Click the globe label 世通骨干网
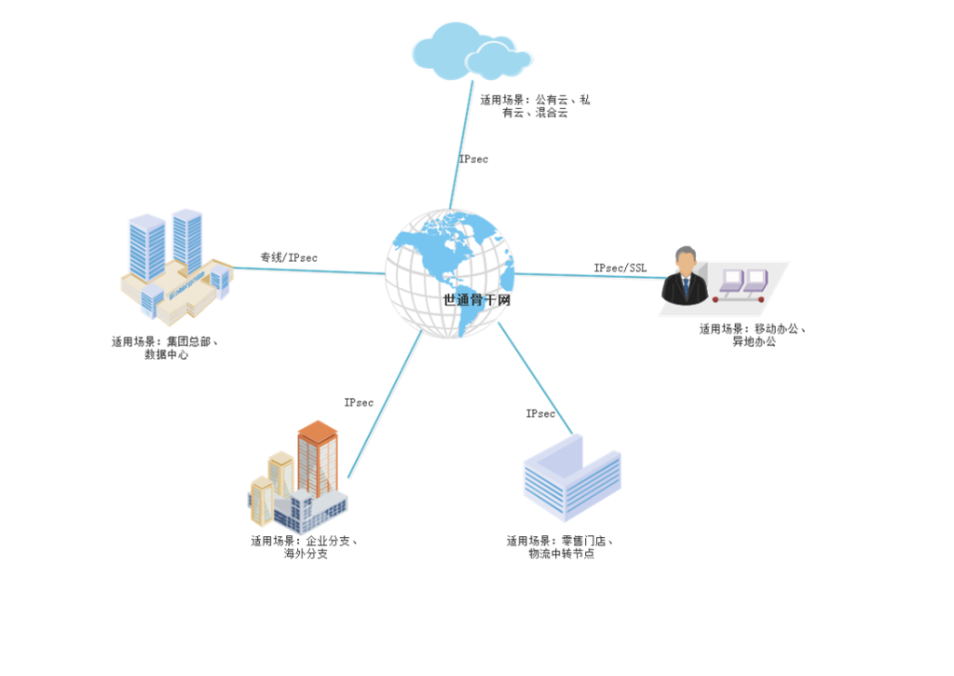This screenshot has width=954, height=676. click(x=478, y=300)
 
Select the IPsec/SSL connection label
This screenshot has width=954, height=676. click(x=620, y=268)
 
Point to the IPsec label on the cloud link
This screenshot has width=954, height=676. click(x=473, y=159)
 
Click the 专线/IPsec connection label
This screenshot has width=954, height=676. click(x=289, y=256)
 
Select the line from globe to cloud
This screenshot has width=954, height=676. click(x=463, y=140)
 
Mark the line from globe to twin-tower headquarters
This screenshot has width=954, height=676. click(x=307, y=270)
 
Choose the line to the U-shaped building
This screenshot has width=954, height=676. click(x=535, y=378)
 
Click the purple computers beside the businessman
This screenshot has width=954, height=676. click(x=741, y=283)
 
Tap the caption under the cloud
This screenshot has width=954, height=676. click(x=535, y=105)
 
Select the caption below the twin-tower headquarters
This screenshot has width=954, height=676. click(x=165, y=348)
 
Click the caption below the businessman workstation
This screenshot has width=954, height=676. click(x=753, y=335)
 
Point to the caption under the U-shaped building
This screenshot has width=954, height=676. click(x=561, y=546)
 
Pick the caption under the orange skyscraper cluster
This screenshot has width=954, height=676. click(x=305, y=546)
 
